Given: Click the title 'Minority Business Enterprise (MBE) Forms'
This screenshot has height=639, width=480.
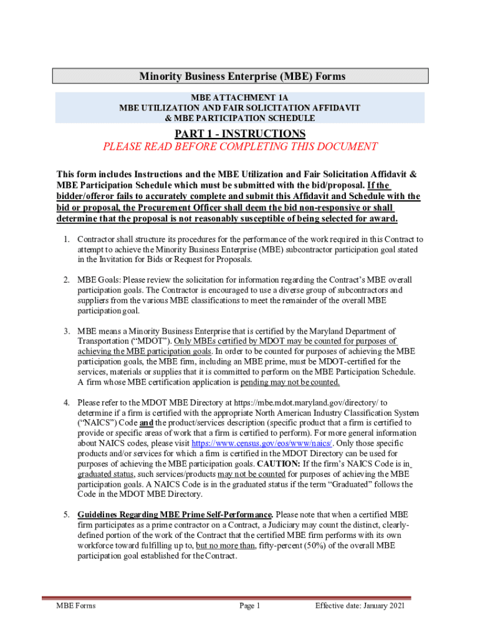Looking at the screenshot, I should [x=240, y=76].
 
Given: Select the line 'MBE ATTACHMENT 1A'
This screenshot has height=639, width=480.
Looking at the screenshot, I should [x=240, y=98].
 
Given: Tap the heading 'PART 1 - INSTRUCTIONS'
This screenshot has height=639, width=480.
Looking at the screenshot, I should [x=240, y=134].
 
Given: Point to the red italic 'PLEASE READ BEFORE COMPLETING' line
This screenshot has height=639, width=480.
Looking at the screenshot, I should [x=240, y=147].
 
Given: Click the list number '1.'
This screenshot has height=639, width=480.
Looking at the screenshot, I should [x=65, y=239].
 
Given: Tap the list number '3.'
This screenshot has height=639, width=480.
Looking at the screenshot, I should [x=65, y=331].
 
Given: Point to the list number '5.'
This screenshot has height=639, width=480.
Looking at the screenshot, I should [x=65, y=514].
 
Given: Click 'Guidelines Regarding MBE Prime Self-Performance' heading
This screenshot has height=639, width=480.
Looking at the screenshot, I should [x=175, y=514].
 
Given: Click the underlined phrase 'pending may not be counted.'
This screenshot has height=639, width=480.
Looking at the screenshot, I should [x=290, y=382].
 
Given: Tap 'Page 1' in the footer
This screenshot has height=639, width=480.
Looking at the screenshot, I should [x=249, y=605].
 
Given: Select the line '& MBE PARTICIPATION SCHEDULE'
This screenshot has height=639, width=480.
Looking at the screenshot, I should [x=240, y=118].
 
